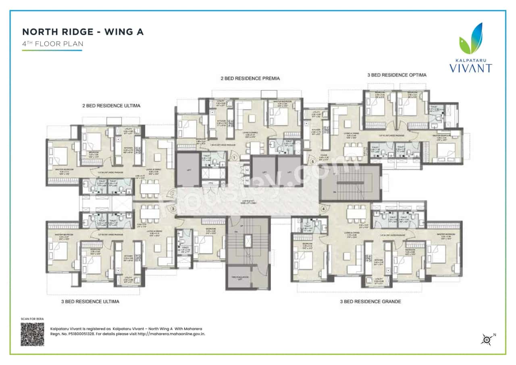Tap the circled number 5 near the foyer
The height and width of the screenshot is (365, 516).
[313, 162]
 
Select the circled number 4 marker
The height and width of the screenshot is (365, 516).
[323, 209]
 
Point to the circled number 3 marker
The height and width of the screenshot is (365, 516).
[173, 209]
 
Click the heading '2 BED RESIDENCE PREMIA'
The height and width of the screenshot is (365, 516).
[250, 78]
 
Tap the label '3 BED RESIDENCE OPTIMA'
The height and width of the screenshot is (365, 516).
[397, 75]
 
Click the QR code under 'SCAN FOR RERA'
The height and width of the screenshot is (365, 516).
[32, 334]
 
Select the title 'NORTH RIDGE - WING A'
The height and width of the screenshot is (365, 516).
[83, 32]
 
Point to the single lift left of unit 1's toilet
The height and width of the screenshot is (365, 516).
[188, 169]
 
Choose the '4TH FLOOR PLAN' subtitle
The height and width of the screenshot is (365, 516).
[52, 44]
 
